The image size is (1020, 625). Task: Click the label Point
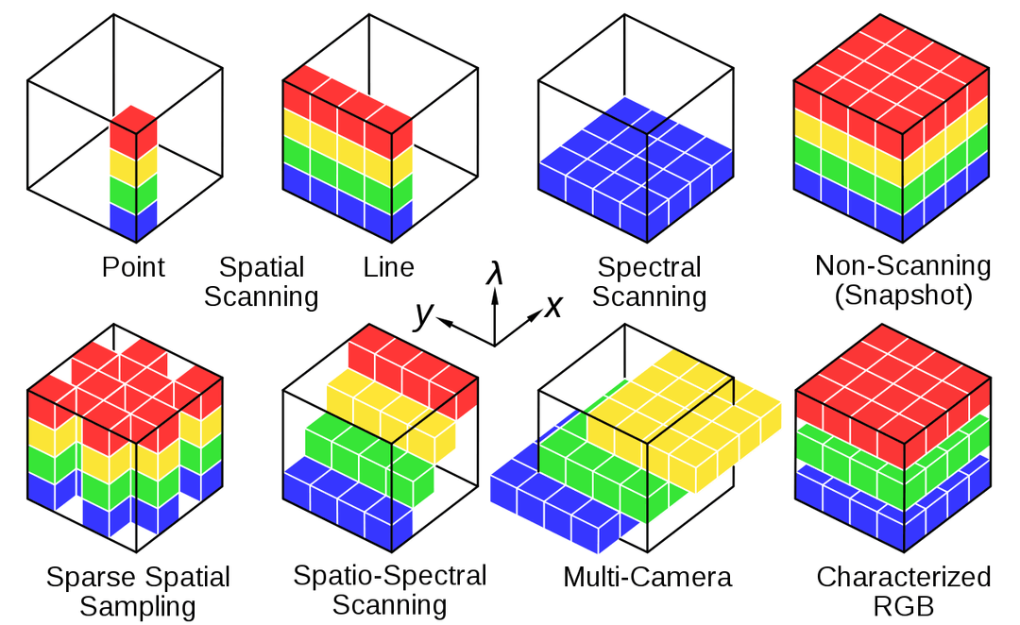133,267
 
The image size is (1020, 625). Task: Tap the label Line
388,267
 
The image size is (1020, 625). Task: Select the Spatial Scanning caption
262,281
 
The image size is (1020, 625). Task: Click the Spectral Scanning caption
650,281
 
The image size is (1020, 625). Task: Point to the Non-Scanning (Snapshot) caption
903,280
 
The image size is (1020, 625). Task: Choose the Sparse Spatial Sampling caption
138,590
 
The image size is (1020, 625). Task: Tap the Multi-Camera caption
648,577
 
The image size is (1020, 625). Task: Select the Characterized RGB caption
904,590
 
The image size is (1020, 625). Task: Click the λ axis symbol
494,275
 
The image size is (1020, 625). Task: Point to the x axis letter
553,306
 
